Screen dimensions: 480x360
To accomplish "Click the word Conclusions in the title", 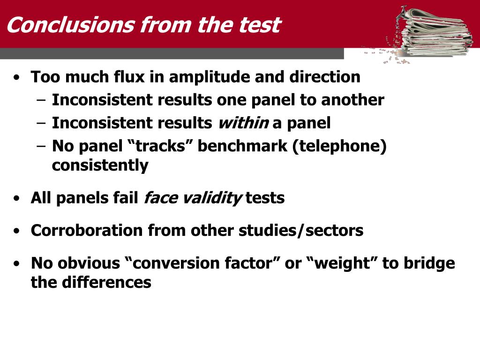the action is point(71,25).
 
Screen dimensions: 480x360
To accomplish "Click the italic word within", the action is point(243,123).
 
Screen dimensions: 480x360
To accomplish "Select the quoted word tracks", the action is point(160,146).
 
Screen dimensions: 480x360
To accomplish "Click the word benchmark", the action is point(242,146).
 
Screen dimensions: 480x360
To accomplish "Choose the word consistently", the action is point(100,165).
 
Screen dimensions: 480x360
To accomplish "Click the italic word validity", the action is point(211,198).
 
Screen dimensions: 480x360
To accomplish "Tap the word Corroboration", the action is point(87,230).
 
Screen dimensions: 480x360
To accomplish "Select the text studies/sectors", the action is point(301,230).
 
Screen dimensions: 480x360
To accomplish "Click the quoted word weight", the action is point(343,263).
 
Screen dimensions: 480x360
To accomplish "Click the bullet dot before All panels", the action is point(16,198).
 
